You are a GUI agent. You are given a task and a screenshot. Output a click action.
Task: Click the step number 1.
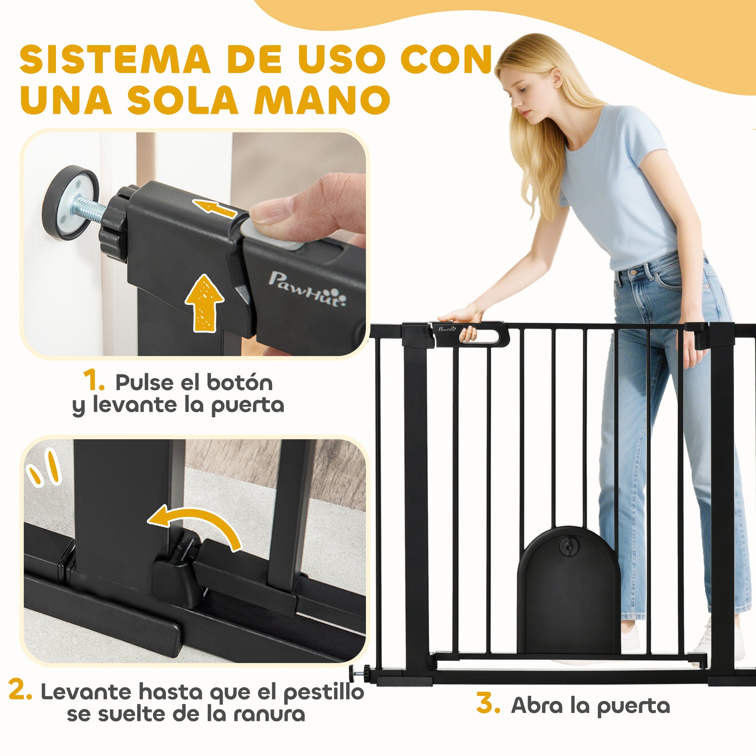coord(94,381)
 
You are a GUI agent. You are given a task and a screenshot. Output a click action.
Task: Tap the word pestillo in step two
coord(324,693)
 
